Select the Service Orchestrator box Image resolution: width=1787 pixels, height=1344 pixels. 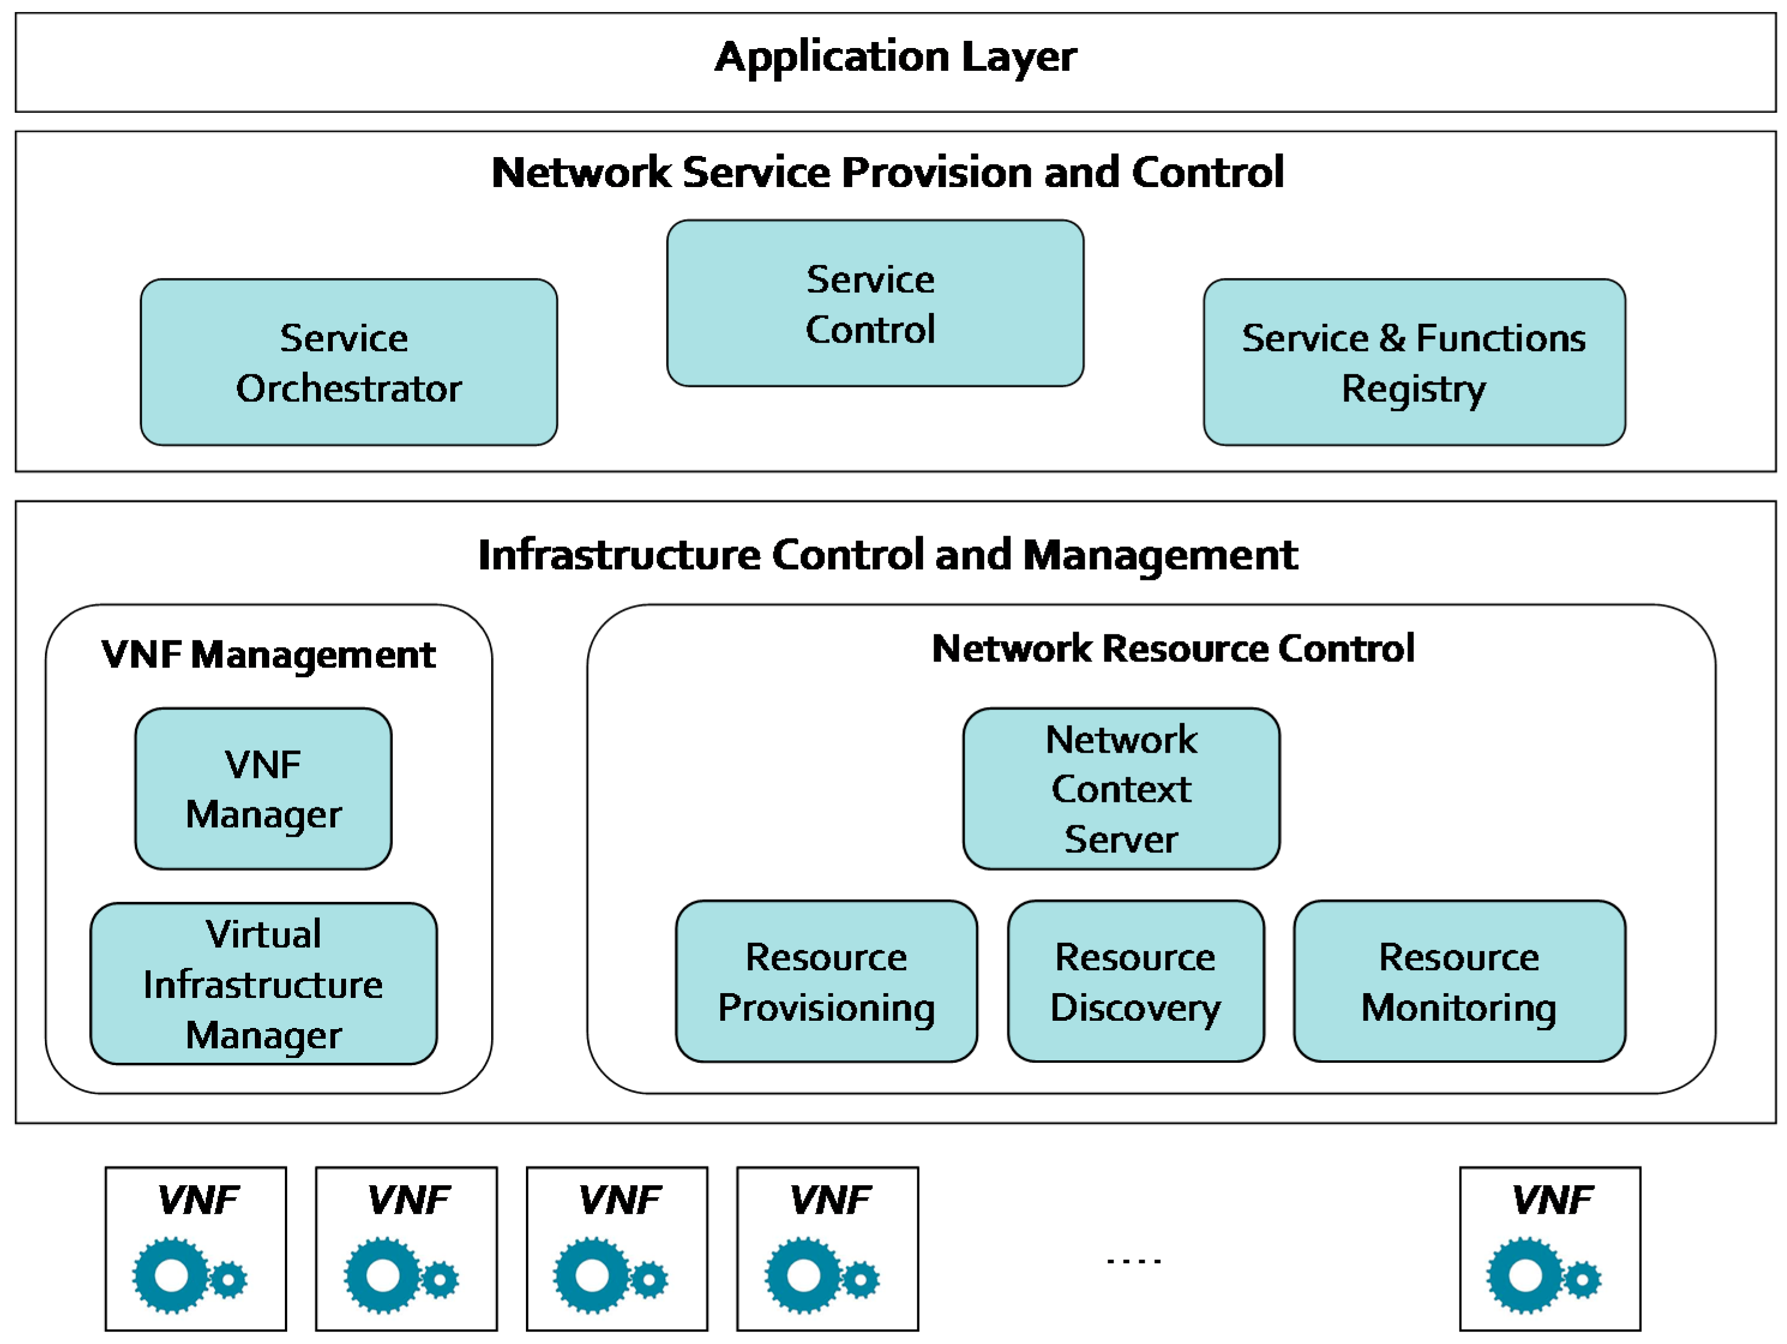tap(348, 362)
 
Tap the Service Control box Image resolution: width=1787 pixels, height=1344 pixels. tap(875, 303)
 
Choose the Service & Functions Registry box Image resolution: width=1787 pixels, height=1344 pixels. tap(1414, 362)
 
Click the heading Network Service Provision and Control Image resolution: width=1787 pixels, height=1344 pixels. tap(887, 172)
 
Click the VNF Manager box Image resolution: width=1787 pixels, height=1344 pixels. tap(263, 789)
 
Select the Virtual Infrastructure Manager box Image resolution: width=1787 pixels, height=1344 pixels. tap(263, 984)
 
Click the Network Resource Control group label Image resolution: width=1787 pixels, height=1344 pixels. tap(1172, 649)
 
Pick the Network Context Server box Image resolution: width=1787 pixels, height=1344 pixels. tap(1121, 789)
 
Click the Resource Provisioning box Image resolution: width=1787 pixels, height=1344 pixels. tap(826, 981)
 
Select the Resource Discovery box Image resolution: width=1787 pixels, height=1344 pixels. tap(1135, 981)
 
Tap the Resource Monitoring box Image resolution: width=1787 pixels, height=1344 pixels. tap(1459, 981)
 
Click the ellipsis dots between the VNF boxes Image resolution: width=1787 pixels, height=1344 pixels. tap(1133, 1261)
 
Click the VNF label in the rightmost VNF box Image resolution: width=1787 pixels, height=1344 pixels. tap(1552, 1200)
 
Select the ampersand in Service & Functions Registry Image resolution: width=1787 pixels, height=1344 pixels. tap(1392, 338)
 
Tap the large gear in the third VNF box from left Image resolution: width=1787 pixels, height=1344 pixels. tap(592, 1275)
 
